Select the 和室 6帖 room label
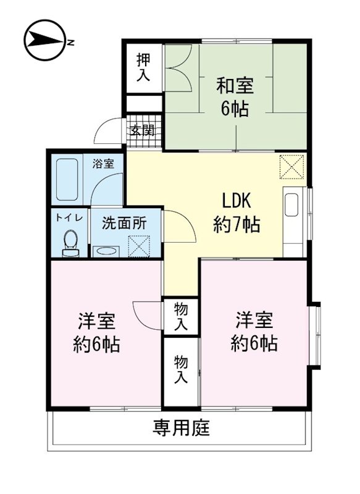pos(235,98)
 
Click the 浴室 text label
pos(103,164)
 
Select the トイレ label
pos(68,217)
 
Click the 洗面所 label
pos(124,222)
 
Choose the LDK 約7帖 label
pos(237,213)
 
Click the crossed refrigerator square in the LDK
pos(292,166)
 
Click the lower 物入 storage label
pos(180,369)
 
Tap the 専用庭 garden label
pos(181,428)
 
